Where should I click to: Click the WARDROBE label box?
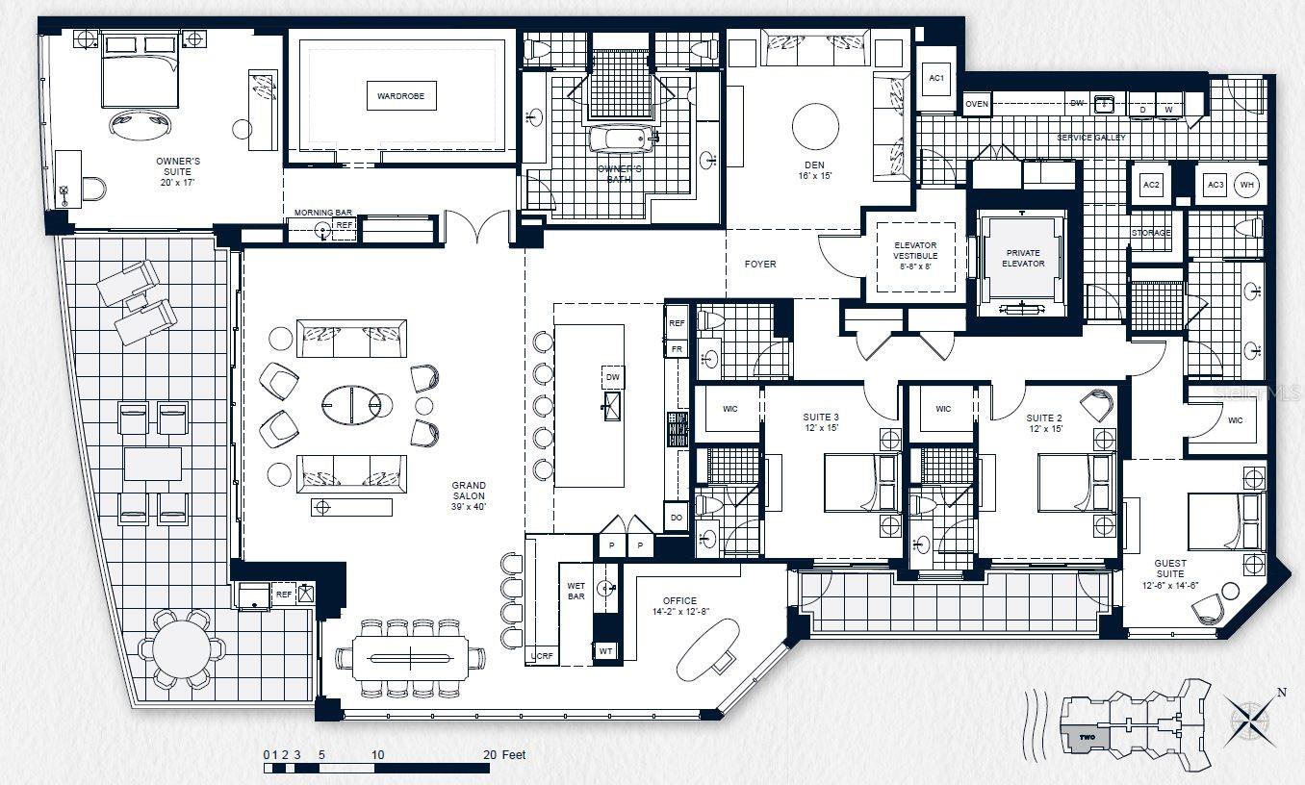point(400,96)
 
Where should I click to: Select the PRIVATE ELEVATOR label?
point(1022,257)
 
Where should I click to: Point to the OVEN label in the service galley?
point(977,104)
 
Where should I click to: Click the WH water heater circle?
point(1247,185)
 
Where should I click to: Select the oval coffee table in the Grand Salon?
point(351,404)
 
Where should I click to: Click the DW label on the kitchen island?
point(613,377)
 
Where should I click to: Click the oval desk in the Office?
point(707,646)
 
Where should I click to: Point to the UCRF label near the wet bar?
point(541,657)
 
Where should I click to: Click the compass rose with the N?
point(1250,720)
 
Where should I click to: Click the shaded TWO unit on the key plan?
point(1086,737)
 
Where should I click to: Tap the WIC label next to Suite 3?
point(729,409)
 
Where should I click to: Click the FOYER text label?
point(760,264)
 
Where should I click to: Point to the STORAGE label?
point(1151,233)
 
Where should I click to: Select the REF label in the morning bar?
point(344,226)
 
